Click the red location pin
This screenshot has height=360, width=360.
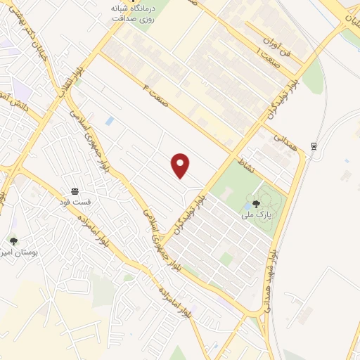[x=181, y=165]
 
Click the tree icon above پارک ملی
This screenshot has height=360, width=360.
[x=255, y=204]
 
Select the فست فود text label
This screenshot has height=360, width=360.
[x=75, y=200]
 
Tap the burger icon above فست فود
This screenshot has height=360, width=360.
[x=75, y=191]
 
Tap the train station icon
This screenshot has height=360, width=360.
[x=314, y=146]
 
